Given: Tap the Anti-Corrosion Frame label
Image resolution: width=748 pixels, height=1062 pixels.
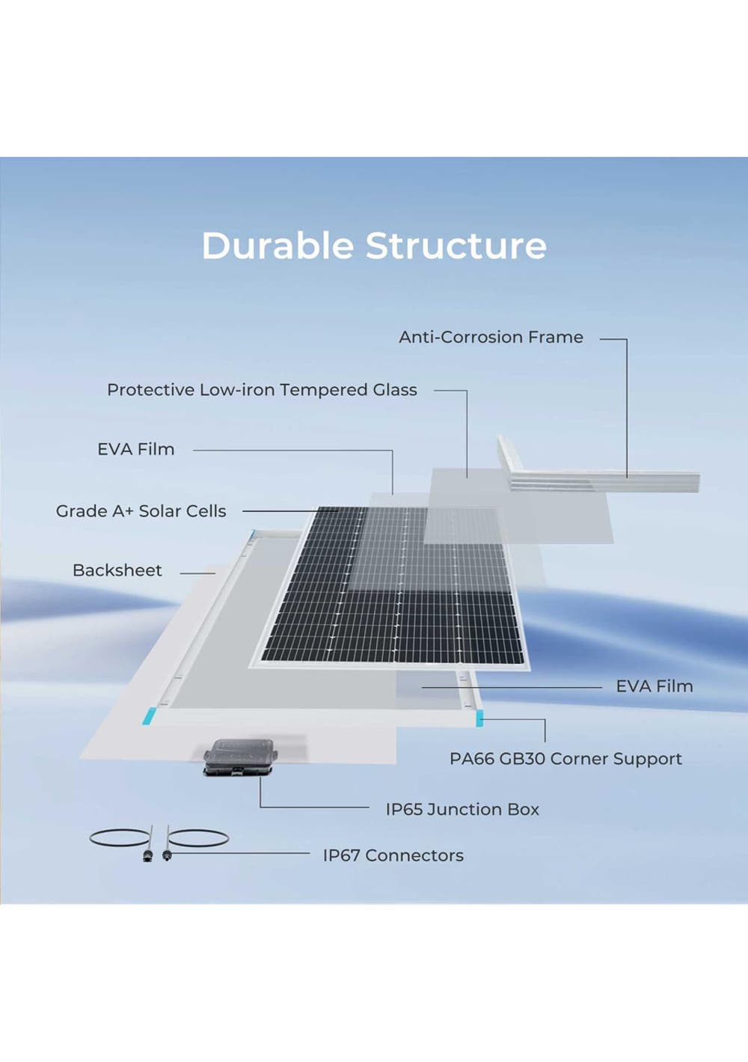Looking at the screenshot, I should (x=491, y=338).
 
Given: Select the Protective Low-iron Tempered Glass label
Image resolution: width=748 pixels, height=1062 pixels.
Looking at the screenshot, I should (x=262, y=390).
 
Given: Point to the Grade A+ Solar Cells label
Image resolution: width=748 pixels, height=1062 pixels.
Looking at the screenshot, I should (x=141, y=511).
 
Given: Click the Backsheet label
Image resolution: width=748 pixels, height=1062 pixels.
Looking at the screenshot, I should (x=117, y=570).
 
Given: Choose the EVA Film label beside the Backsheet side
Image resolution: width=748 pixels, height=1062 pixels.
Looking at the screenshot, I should (x=135, y=449).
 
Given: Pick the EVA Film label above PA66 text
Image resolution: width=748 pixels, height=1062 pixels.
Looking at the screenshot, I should (x=654, y=686).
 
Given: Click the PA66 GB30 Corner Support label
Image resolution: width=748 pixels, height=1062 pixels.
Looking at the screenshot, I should (x=565, y=759).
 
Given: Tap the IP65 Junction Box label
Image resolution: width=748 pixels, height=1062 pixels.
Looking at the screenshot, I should (x=462, y=810).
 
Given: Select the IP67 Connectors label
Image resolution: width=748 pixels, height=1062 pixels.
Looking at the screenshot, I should (x=393, y=855).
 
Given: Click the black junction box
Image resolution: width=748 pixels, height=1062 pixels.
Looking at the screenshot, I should (x=240, y=757).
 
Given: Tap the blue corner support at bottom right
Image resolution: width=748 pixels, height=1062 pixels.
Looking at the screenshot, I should (x=479, y=718).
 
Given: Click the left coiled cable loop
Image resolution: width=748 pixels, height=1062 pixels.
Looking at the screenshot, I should (x=120, y=837).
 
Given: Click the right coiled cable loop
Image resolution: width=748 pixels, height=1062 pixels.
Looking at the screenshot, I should (x=197, y=838).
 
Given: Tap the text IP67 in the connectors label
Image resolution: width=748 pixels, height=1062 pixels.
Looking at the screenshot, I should (x=341, y=855).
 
